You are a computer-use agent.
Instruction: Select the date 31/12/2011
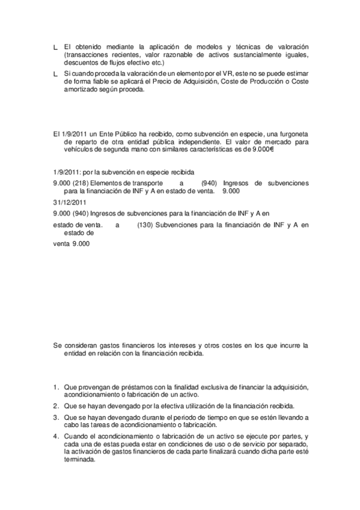[x=67, y=201]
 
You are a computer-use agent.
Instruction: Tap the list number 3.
[x=55, y=417]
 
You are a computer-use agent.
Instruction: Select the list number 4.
[x=55, y=435]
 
